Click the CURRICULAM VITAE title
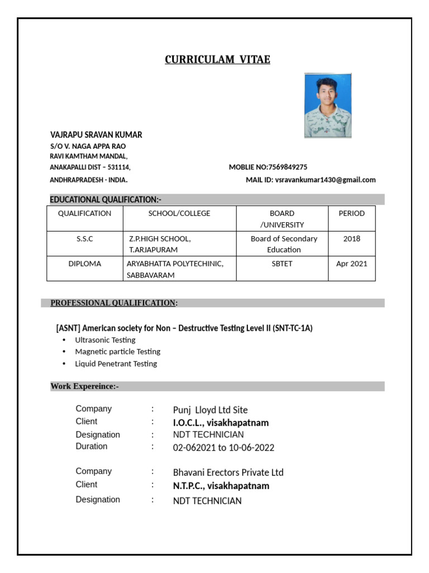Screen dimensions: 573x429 (217, 60)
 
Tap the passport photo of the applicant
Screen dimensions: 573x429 (327, 105)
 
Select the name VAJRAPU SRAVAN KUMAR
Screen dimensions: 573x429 (96, 135)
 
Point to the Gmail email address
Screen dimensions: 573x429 (326, 180)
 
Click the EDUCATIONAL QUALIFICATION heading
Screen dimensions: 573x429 (106, 200)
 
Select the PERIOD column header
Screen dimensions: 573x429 (351, 213)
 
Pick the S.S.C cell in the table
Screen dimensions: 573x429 (85, 238)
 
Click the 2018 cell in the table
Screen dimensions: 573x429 (351, 238)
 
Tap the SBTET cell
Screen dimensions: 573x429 (282, 264)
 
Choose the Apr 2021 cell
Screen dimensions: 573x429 (351, 264)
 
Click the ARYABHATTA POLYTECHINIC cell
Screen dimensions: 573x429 (175, 264)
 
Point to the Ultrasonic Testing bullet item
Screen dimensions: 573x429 (105, 340)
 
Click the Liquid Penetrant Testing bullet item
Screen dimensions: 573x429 (116, 364)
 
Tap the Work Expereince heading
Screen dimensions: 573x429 (84, 386)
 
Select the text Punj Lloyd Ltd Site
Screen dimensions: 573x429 (210, 410)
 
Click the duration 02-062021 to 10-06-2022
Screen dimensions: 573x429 (223, 448)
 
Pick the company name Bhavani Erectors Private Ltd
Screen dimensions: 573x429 (228, 472)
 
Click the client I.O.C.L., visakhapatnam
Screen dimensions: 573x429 (221, 423)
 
